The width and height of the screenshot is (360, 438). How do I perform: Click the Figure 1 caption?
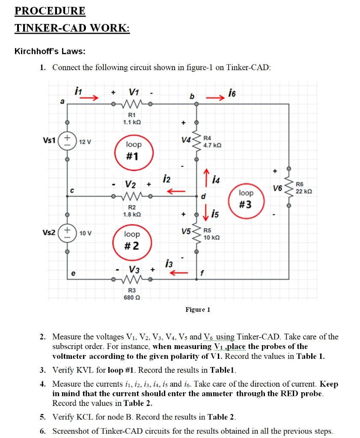[x=197, y=309]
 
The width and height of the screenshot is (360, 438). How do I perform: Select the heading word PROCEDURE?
[x=50, y=11]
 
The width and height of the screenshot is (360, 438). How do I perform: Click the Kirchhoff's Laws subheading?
[x=50, y=51]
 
